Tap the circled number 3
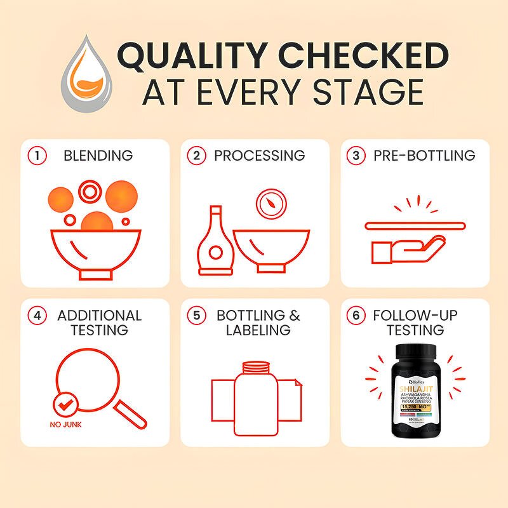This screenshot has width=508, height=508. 356,155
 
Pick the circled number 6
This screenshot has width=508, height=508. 356,315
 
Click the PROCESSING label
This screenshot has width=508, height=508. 259,155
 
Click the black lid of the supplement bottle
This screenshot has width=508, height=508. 416,352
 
